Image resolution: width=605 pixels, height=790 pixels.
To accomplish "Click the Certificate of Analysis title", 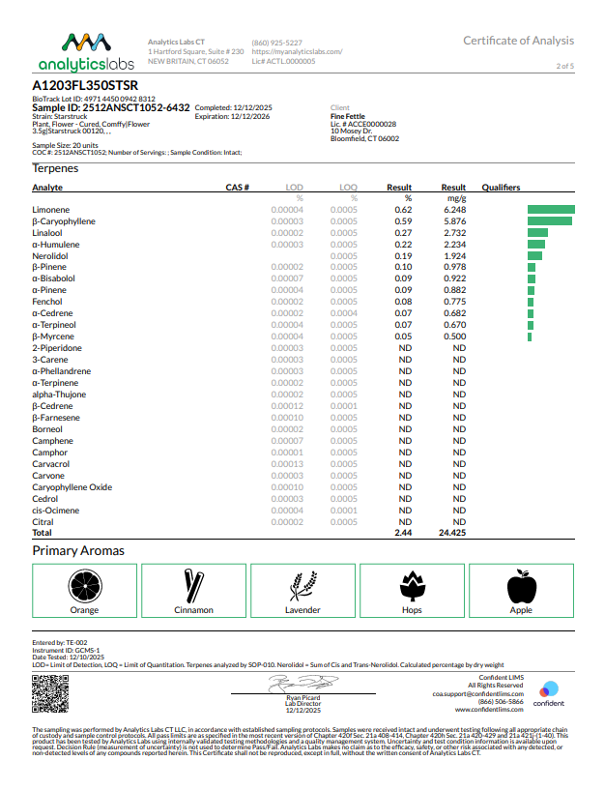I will click(518, 41).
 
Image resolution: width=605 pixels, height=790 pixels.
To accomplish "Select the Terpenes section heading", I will click(55, 168).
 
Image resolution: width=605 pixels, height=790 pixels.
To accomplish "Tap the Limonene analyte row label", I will click(50, 209).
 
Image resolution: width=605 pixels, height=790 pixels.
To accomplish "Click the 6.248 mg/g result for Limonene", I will click(453, 209).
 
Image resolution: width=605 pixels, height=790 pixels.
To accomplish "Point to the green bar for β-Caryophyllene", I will click(549, 220).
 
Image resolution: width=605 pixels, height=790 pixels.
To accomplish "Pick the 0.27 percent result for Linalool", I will click(403, 232).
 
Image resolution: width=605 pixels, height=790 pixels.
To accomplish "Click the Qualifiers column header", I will click(501, 188).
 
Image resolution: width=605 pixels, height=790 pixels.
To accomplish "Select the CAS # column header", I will click(238, 188).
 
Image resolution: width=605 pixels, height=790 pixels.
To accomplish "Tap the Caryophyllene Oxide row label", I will click(72, 487).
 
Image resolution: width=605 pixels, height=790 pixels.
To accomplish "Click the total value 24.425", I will click(452, 533).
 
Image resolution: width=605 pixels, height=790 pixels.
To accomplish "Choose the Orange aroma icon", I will click(84, 584).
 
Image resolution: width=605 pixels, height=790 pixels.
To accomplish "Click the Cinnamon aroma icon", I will click(193, 584).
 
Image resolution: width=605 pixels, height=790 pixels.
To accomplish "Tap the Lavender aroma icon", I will click(302, 584).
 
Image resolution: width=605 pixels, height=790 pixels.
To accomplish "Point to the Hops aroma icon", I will click(412, 584).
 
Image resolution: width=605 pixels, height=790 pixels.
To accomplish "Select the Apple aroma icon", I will click(521, 584).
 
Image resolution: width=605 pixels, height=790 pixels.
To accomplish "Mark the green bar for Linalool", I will click(537, 232).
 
